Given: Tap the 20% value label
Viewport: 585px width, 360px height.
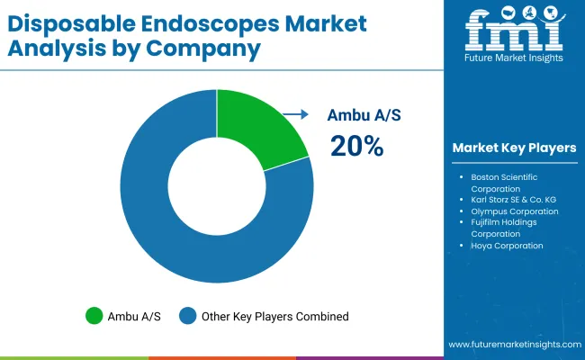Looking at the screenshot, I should [356, 146].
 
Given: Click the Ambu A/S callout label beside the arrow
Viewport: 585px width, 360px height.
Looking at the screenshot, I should [360, 114].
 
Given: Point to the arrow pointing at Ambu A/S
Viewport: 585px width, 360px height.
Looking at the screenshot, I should [295, 114].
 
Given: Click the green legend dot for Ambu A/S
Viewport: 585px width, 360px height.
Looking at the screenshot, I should [94, 316].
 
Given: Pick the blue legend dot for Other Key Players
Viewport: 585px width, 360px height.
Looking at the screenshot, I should [188, 316].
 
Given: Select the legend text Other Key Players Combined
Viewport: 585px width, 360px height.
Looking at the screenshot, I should [275, 316].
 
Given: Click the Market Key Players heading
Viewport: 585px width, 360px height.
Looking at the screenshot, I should [514, 148].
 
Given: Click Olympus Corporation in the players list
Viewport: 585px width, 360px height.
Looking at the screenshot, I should [515, 211].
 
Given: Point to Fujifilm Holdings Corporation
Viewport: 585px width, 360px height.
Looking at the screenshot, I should [508, 228].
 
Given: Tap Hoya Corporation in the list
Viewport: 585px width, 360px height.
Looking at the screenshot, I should [508, 245].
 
